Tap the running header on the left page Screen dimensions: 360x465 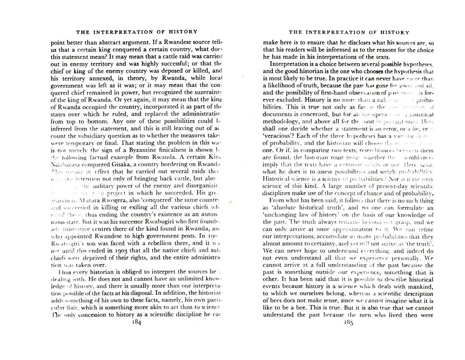coord(136,31)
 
